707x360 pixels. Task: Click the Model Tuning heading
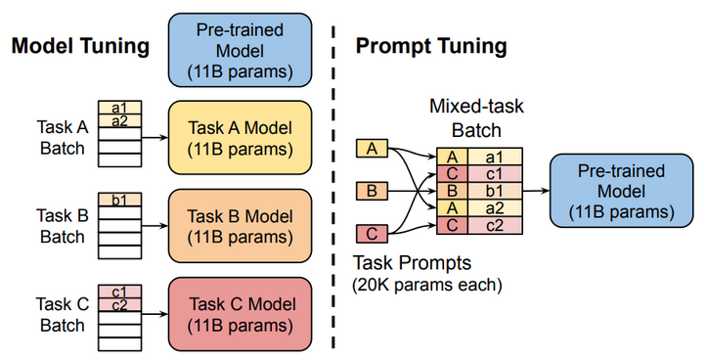pos(80,46)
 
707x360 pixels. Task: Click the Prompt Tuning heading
pos(430,46)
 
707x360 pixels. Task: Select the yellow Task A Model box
pos(240,137)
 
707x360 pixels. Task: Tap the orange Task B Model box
pos(240,225)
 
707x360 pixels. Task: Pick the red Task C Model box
pos(240,313)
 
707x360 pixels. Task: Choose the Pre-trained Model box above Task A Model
pos(240,49)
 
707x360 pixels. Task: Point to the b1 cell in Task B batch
pos(120,200)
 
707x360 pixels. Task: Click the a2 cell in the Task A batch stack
pos(120,121)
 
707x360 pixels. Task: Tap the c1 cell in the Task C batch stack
pos(120,291)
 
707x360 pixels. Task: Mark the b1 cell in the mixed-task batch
pos(494,191)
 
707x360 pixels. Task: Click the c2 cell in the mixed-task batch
pos(494,226)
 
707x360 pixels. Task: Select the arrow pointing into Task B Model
pos(155,225)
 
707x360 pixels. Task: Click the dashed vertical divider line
pos(334,196)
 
